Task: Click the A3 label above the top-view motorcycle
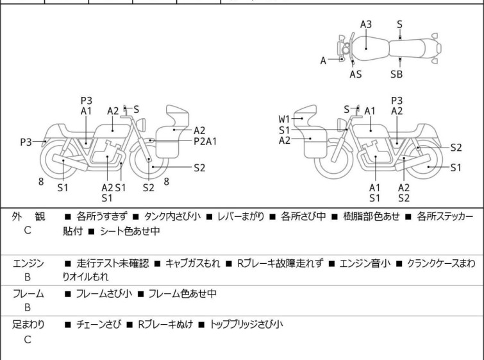[366, 24]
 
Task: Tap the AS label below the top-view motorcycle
[355, 74]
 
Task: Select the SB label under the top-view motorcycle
[397, 74]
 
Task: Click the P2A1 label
[205, 141]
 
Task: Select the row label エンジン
[29, 262]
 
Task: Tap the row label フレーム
[29, 294]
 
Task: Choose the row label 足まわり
[29, 325]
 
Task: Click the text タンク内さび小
[173, 216]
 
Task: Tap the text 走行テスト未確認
[112, 262]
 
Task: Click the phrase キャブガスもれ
[193, 262]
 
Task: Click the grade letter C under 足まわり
[28, 340]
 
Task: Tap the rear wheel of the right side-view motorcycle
[423, 166]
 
